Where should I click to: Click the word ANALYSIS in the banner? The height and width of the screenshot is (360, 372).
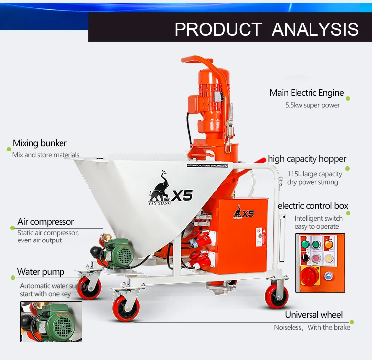point(315,29)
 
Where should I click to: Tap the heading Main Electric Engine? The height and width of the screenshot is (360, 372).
point(307,93)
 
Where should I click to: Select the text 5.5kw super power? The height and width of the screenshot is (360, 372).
point(312,105)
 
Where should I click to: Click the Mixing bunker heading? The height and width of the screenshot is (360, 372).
point(40,143)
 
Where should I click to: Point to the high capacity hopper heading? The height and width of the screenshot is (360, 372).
point(307,159)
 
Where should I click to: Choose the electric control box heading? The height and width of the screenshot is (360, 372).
point(313,206)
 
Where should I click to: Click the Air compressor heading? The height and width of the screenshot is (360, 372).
point(46,222)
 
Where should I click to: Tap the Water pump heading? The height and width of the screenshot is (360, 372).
point(41,272)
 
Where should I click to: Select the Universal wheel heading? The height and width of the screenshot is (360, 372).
point(313,315)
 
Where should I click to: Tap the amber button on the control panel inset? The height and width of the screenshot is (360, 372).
point(328,244)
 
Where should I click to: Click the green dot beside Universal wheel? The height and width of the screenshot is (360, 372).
point(348,315)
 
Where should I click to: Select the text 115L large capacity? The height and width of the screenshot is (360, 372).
point(315,174)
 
